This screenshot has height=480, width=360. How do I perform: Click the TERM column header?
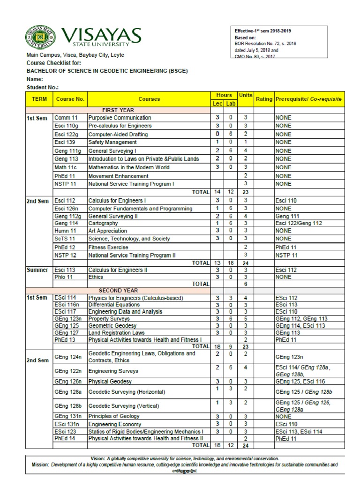pos(39,99)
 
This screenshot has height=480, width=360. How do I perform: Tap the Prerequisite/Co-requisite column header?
pos(309,99)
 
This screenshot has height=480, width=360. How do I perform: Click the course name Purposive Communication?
pos(120,118)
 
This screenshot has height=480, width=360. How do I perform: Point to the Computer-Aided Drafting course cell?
pos(118,134)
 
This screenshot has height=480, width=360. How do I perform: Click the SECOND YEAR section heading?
pos(118,290)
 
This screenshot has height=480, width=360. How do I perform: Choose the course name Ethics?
pos(96,277)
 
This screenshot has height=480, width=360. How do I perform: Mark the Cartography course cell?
pos(103,224)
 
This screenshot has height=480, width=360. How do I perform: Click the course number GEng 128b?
pos(68,405)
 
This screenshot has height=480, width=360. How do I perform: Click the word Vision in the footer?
pos(97,458)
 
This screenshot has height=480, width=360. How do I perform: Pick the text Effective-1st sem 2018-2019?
pos(262,31)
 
